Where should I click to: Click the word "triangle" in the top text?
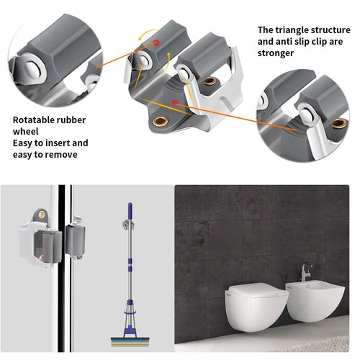pos(294,30)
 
